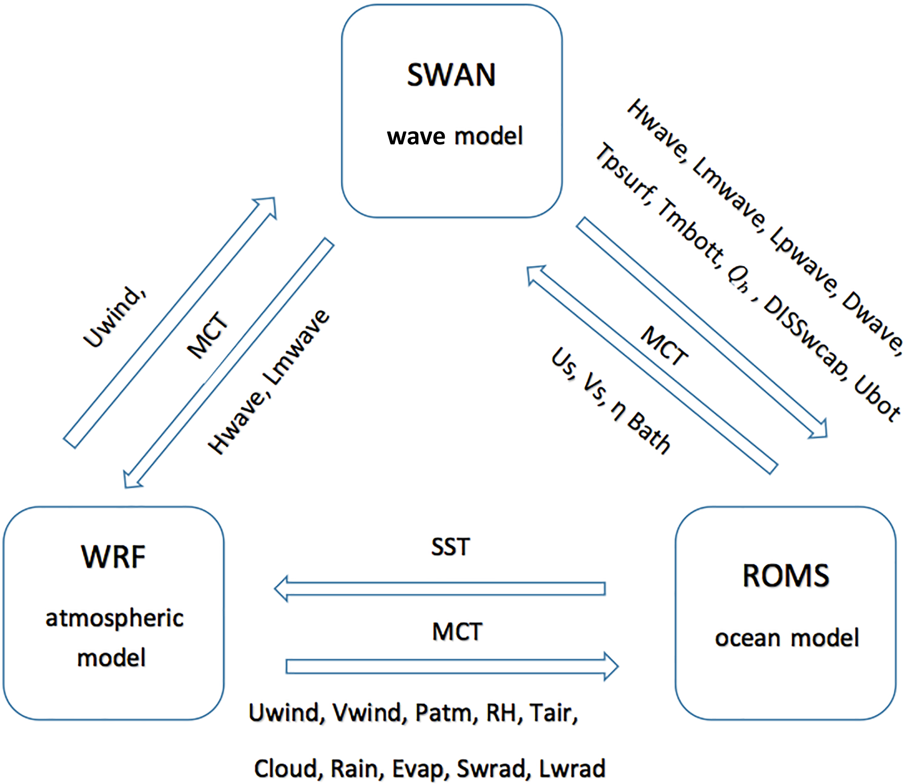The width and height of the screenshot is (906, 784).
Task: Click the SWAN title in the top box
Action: pos(451,75)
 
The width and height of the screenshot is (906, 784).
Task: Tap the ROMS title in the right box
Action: pos(786,575)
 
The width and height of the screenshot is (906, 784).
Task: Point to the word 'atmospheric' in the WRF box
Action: pos(114,619)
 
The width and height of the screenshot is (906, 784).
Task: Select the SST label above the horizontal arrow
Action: pos(450,547)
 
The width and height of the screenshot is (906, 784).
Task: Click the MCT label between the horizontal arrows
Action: pos(457,632)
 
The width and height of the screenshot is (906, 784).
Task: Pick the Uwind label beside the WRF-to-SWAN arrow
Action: pos(115,318)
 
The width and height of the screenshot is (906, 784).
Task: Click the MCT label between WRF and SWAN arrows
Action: pos(208,335)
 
